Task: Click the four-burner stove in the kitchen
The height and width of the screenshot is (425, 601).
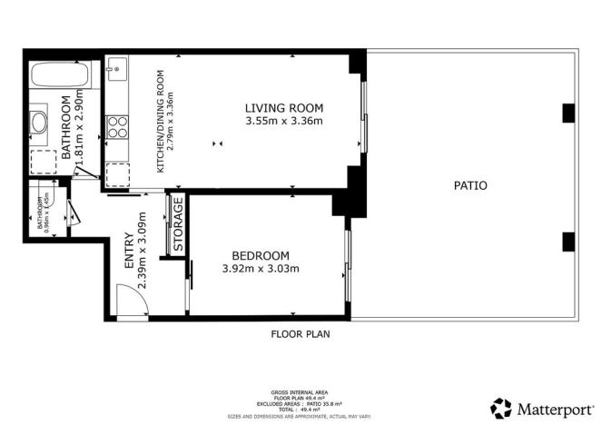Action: tap(116, 125)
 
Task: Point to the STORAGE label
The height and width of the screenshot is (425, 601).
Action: tap(179, 224)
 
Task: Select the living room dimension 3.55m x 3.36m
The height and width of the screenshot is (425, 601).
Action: tap(284, 122)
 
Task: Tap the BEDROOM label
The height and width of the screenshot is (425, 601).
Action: tap(261, 255)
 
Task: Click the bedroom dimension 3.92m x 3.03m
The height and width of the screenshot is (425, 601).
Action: tap(261, 268)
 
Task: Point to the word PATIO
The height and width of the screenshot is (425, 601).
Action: tap(470, 185)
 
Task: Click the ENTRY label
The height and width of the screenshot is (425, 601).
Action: tap(129, 250)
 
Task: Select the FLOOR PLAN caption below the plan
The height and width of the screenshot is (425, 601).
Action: tap(300, 334)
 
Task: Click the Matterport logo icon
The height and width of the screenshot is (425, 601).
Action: tap(500, 407)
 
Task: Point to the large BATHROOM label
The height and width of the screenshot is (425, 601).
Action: tap(65, 127)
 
